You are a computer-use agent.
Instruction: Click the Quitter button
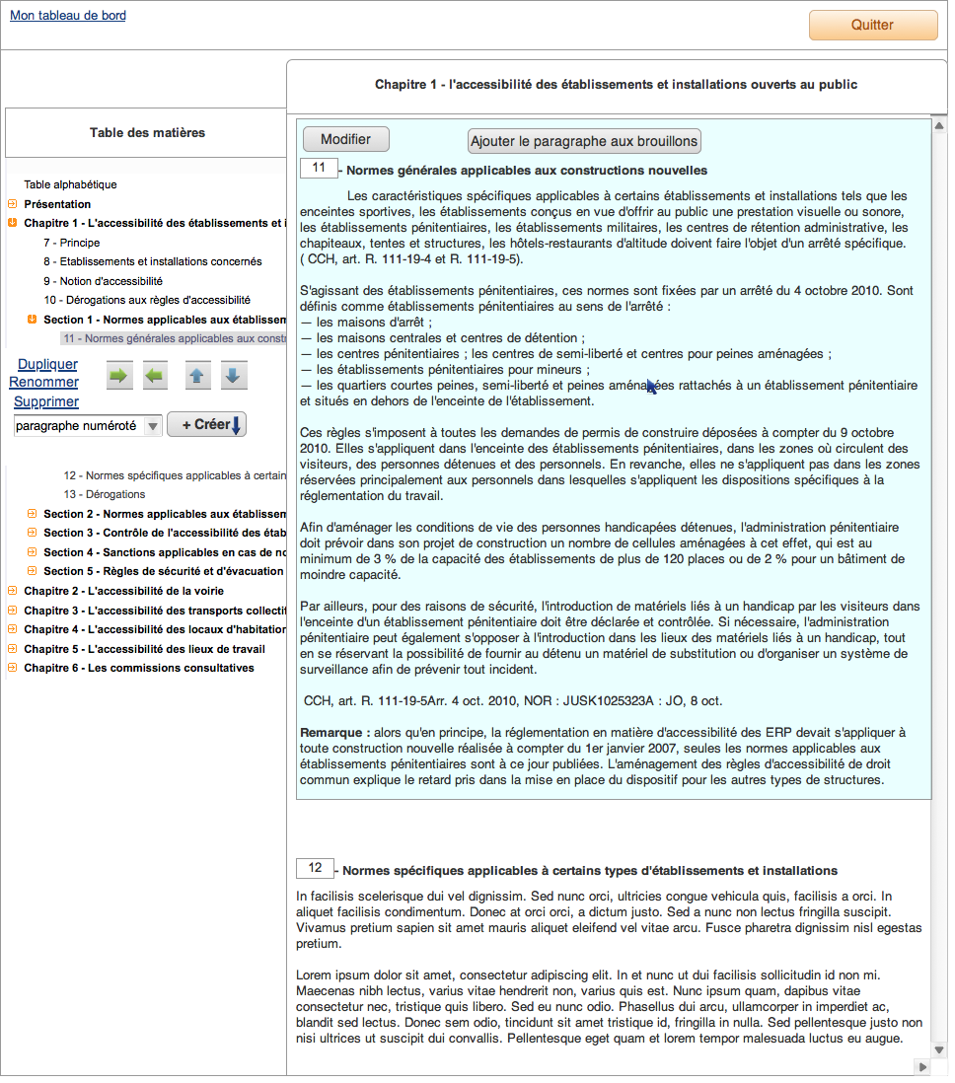872,26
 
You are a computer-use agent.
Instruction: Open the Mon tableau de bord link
68,16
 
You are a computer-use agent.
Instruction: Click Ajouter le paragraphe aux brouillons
584,141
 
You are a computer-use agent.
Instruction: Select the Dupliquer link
47,364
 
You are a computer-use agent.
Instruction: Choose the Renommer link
43,383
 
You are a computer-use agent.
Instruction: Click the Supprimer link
46,401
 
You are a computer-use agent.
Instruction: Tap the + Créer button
206,425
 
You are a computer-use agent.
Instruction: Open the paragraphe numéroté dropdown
88,426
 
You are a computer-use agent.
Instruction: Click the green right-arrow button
119,376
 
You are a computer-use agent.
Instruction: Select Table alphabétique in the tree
70,184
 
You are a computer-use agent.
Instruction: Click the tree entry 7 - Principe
71,243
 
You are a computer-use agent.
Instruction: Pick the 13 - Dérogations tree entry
104,494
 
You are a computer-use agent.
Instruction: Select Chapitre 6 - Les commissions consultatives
138,668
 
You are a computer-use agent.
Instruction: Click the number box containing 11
319,169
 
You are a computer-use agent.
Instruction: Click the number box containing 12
315,868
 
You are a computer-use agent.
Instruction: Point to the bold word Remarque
334,733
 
